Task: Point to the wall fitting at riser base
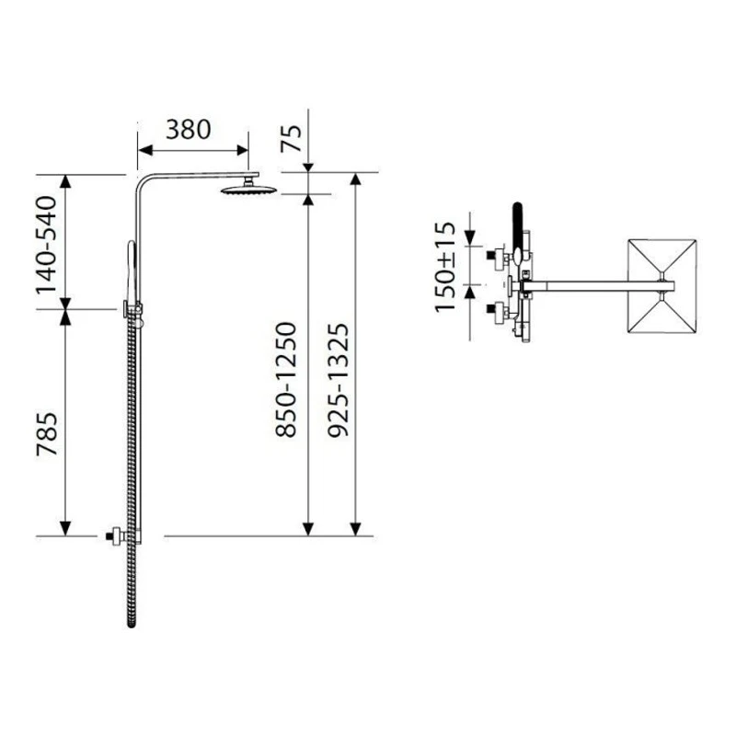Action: coord(117,535)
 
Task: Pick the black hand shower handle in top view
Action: coord(517,225)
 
